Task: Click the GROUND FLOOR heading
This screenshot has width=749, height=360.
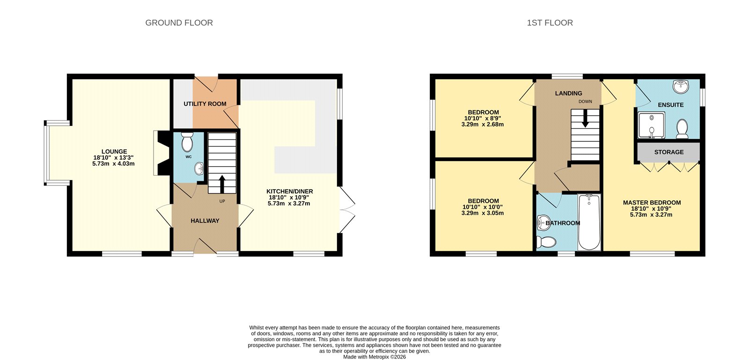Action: (x=179, y=23)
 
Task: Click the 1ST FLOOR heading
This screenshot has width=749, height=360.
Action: (x=550, y=23)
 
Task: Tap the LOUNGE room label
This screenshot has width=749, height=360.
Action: (x=114, y=152)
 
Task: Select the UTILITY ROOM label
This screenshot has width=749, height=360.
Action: (x=205, y=104)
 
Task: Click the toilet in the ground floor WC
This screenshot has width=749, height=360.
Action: (x=187, y=142)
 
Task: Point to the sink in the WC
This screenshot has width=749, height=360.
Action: (x=199, y=168)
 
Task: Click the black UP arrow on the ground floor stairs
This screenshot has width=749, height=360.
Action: (x=222, y=184)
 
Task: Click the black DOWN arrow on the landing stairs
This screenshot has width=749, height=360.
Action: (x=585, y=118)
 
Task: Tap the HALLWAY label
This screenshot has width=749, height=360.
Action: (x=205, y=221)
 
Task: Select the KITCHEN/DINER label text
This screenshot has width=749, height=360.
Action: (x=289, y=191)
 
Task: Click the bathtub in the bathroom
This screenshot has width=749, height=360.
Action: (x=589, y=222)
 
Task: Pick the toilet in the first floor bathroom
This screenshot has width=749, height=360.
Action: (x=546, y=242)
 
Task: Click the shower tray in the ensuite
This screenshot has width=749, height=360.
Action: (x=651, y=126)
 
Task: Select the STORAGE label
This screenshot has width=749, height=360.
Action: (x=668, y=152)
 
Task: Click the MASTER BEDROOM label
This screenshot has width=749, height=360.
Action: (x=652, y=203)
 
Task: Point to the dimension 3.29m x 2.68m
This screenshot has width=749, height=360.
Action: (x=482, y=125)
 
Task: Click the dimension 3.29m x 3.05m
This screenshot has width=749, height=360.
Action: (x=482, y=213)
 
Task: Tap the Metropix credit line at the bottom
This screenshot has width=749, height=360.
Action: (x=374, y=357)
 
